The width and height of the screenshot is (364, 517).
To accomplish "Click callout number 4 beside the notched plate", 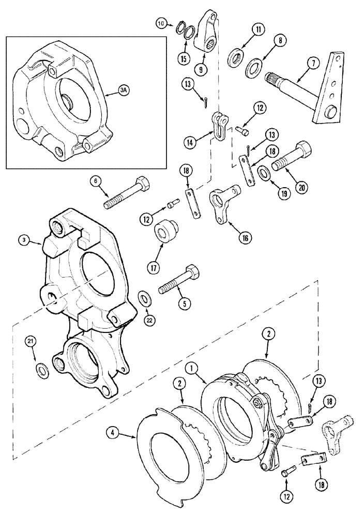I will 113,430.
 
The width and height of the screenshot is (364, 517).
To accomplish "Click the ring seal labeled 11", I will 237,55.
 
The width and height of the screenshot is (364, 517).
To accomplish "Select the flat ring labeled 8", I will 254,67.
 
